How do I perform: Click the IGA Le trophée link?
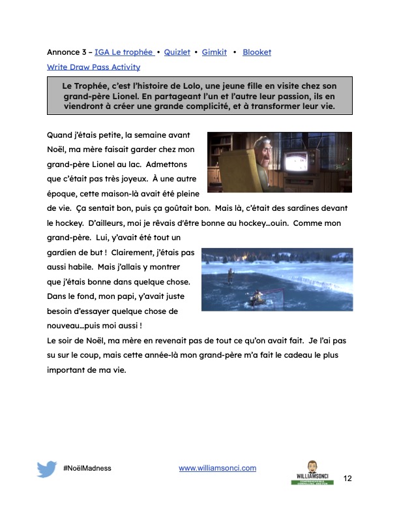(x=123, y=52)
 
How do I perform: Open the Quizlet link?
(x=176, y=52)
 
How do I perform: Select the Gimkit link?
(x=215, y=52)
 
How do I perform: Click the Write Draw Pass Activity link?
(x=93, y=67)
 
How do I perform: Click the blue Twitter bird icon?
(x=47, y=469)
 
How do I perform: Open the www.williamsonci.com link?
(x=217, y=468)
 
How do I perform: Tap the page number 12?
(x=347, y=478)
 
